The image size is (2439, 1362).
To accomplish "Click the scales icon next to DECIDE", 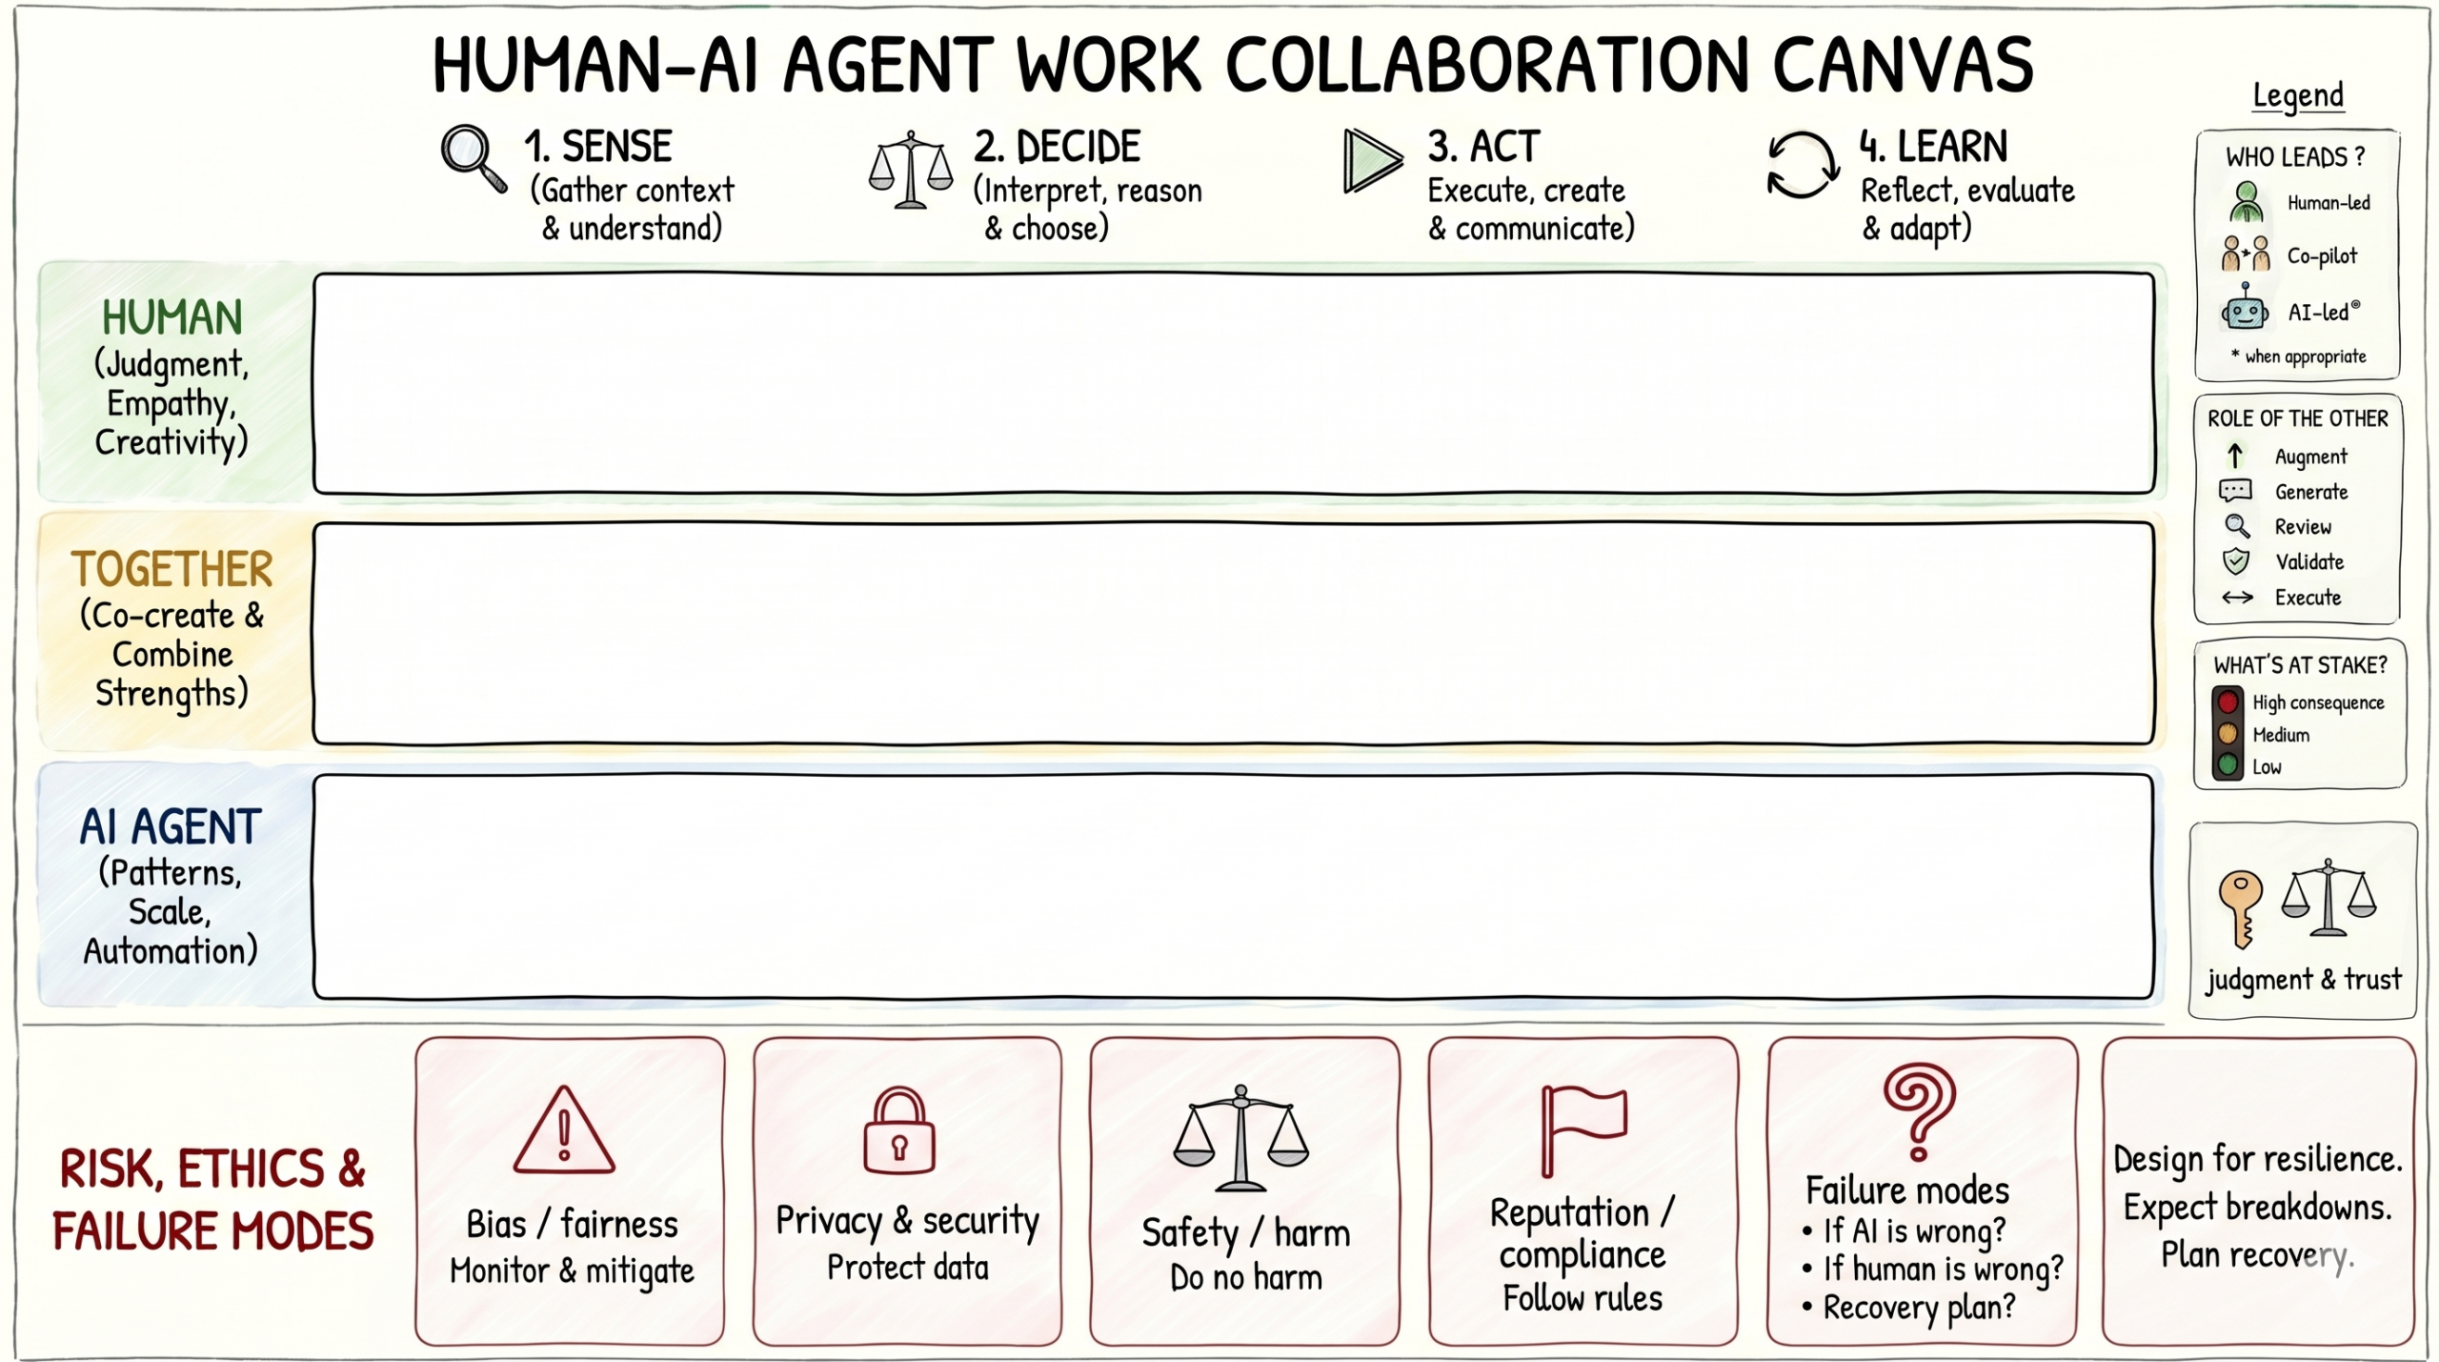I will [x=910, y=170].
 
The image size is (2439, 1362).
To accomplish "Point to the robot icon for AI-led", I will [x=2245, y=310].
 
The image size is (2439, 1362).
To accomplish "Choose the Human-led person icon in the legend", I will [x=2247, y=202].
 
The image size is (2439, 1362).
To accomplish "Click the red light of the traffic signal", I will [x=2227, y=702].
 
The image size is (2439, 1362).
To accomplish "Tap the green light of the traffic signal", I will [x=2227, y=764].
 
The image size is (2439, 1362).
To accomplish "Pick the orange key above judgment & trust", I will [x=2240, y=906].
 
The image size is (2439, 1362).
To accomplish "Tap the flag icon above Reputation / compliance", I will [x=1581, y=1128].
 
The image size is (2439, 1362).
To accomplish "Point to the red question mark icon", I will [x=1919, y=1110].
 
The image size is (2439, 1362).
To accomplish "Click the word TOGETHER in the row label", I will [x=172, y=570].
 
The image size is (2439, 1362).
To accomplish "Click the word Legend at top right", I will [x=2297, y=95].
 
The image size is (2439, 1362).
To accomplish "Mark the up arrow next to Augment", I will [x=2235, y=456].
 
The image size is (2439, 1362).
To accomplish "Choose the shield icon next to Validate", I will [x=2236, y=561].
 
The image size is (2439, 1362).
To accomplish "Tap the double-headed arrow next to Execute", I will [x=2237, y=598].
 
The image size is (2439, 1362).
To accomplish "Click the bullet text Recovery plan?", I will [x=1919, y=1308].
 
